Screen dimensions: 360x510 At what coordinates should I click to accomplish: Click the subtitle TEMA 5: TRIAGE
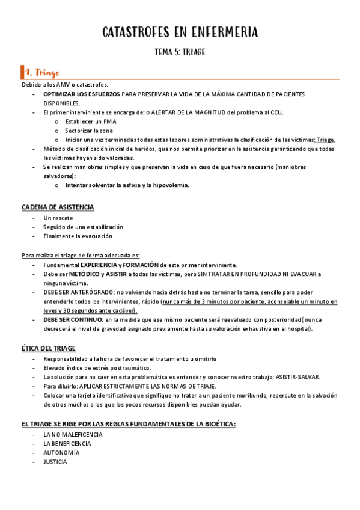pyautogui.click(x=180, y=52)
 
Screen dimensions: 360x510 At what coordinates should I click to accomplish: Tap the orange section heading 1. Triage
pyautogui.click(x=41, y=73)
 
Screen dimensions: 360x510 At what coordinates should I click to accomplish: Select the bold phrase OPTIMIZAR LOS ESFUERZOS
pyautogui.click(x=81, y=94)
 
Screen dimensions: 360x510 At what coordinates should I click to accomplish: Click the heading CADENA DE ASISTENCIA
pyautogui.click(x=58, y=207)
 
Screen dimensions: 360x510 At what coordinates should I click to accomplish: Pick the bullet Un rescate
pyautogui.click(x=59, y=218)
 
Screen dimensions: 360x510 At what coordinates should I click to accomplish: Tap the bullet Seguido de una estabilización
pyautogui.click(x=83, y=227)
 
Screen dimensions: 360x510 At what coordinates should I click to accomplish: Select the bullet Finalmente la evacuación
pyautogui.click(x=78, y=236)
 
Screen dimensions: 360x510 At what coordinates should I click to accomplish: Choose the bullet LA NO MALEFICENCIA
pyautogui.click(x=73, y=434)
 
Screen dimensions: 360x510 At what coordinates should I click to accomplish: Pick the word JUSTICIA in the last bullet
pyautogui.click(x=55, y=462)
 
